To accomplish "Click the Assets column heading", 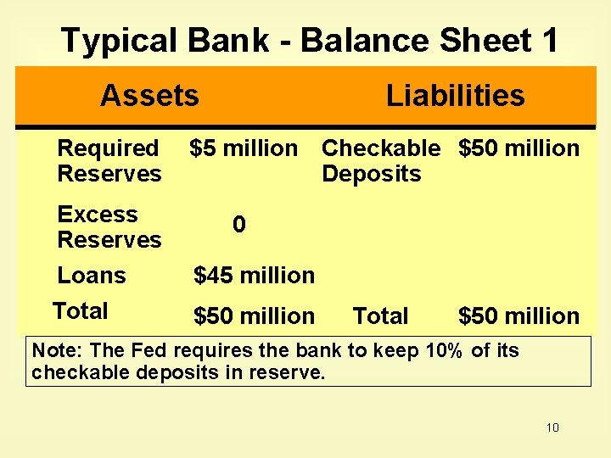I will click(x=149, y=96).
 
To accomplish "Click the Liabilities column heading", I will click(x=455, y=96).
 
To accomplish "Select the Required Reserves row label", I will click(x=109, y=160).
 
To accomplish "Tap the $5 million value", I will click(x=244, y=148).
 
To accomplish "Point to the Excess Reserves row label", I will click(x=109, y=226).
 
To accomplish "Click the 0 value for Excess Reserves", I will click(x=239, y=225).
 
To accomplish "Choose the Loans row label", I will click(x=91, y=276).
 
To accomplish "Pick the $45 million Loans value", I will click(x=254, y=276).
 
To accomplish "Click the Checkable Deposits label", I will click(x=381, y=160).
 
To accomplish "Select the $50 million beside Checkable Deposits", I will click(x=519, y=148).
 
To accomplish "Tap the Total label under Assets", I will click(x=80, y=311).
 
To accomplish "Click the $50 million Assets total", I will click(x=254, y=316).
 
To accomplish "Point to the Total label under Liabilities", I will click(x=380, y=316).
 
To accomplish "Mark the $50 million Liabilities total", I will click(x=519, y=316).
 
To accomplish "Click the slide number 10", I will click(x=552, y=427).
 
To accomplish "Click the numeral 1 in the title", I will click(x=549, y=40).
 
